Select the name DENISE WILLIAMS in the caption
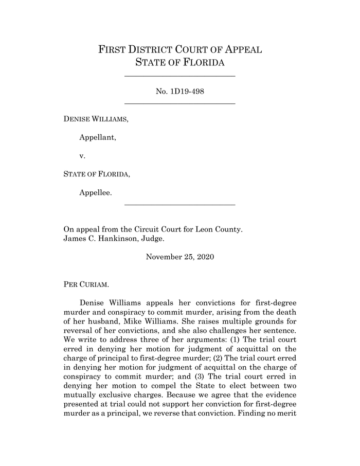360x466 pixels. [x=96, y=119]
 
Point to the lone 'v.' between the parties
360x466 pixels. [x=82, y=155]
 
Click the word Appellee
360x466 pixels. [x=95, y=192]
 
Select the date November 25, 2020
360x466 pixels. [x=180, y=257]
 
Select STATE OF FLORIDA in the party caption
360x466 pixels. [x=96, y=174]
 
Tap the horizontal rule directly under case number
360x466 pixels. [x=180, y=104]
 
